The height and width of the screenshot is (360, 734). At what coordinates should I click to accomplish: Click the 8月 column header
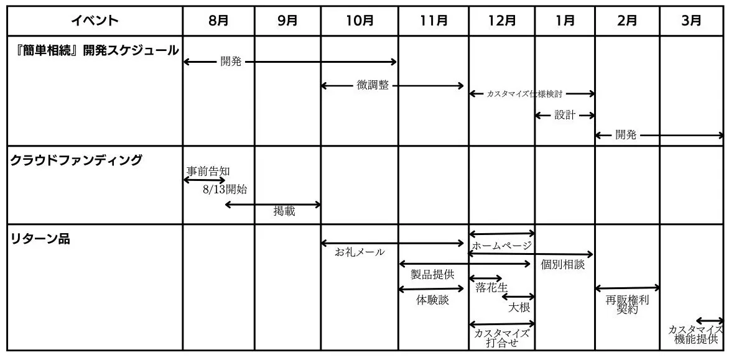point(218,21)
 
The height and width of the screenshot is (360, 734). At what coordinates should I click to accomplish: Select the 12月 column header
point(501,21)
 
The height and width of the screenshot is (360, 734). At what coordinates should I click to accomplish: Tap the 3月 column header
point(692,21)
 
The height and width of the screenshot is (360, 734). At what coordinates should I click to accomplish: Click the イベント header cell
point(95,21)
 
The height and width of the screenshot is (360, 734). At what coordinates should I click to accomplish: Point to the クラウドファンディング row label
point(76,160)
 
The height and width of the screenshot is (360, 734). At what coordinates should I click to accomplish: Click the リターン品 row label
point(40,239)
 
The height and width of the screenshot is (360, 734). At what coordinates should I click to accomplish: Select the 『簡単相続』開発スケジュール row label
point(95,50)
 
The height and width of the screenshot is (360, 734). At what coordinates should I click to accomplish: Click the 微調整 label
point(373,85)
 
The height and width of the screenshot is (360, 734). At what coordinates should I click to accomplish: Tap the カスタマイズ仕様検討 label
point(524,94)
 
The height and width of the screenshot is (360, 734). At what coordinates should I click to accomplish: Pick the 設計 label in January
point(565,115)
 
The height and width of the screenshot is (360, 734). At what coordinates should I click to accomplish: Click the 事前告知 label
point(208,172)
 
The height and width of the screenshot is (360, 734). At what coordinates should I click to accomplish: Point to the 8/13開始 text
point(225,190)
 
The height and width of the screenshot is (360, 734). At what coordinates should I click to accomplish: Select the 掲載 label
point(284,211)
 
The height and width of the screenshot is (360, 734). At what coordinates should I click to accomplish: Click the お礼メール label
point(360,252)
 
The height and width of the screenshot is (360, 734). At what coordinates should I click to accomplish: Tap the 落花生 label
point(491,287)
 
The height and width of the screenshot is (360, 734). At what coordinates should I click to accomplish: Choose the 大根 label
point(519,308)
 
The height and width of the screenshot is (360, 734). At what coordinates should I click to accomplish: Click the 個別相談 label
point(563,264)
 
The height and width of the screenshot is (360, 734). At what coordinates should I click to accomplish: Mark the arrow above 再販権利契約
point(627,288)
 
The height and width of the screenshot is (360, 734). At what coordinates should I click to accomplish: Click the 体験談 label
point(432,300)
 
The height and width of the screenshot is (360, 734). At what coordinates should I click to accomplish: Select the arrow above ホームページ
point(501,233)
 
